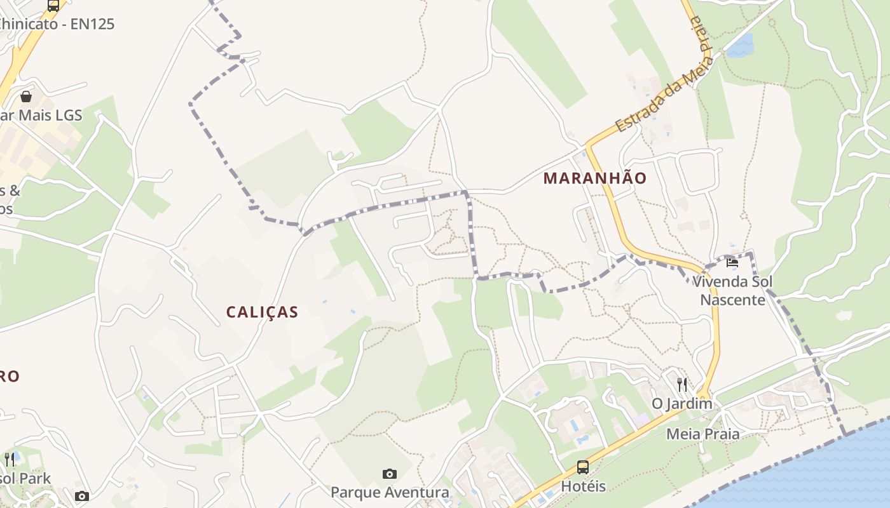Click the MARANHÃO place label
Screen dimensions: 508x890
(x=594, y=178)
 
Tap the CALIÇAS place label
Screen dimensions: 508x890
(x=262, y=312)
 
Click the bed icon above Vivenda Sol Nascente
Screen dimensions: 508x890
(x=732, y=262)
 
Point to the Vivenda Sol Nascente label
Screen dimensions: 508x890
(x=733, y=290)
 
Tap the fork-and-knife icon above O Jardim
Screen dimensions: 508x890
(x=682, y=384)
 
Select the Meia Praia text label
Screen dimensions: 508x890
(x=702, y=434)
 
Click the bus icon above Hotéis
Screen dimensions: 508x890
(x=582, y=467)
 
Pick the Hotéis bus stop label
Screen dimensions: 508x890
(x=582, y=486)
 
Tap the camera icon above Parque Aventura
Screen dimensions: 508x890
(x=390, y=474)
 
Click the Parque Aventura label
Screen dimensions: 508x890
(x=390, y=492)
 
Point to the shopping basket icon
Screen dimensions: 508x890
(x=26, y=97)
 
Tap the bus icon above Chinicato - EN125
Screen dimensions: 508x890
(x=53, y=6)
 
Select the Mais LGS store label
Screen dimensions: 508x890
(x=44, y=115)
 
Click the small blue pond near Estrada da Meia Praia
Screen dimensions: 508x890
(x=741, y=46)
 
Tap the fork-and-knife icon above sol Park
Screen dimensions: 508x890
(x=10, y=459)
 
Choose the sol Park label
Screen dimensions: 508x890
(x=25, y=478)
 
